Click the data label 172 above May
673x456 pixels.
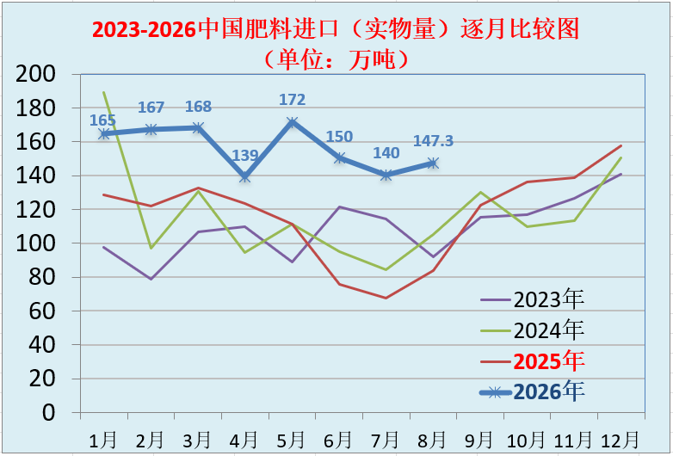click(293, 100)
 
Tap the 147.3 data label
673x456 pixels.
click(433, 141)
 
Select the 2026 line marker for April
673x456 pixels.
click(245, 176)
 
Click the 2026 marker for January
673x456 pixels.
click(104, 134)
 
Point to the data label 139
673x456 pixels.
click(245, 155)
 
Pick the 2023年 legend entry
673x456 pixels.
click(533, 299)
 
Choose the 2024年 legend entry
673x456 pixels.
click(533, 330)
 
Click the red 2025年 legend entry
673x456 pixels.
click(533, 360)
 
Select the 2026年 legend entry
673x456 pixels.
click(533, 391)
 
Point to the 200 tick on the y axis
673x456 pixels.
click(35, 74)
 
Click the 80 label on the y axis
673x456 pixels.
click(42, 277)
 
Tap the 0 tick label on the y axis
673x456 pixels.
click(49, 412)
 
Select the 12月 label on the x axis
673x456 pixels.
click(621, 440)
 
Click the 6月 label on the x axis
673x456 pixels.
click(338, 440)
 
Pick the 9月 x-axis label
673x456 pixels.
click(480, 440)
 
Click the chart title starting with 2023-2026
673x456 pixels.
click(336, 29)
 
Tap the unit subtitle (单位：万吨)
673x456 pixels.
click(336, 59)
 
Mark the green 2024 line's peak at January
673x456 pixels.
click(104, 92)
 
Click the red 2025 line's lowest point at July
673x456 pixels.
click(386, 298)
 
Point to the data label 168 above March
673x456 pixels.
click(198, 107)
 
